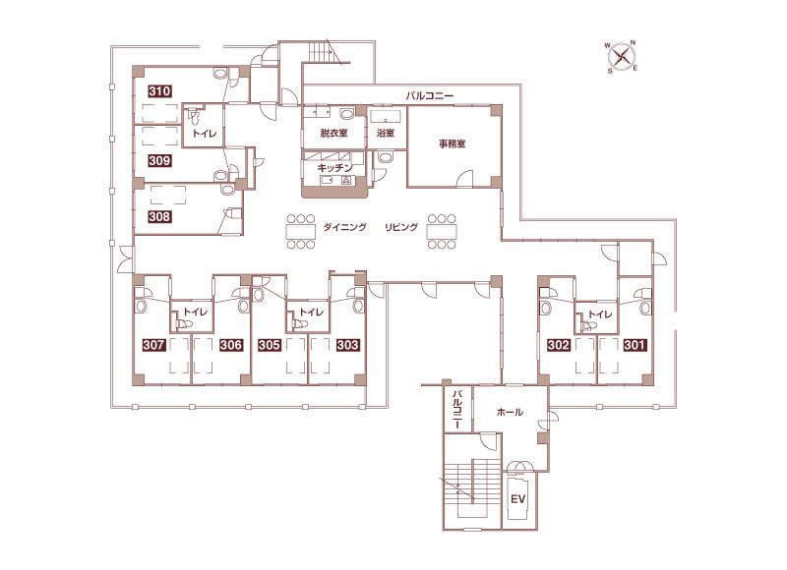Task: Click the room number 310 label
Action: [159, 91]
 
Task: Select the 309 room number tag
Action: [159, 160]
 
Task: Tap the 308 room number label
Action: [159, 216]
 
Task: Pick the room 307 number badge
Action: [153, 345]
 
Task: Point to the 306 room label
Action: [231, 345]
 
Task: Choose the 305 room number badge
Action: [270, 345]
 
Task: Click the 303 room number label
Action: [347, 345]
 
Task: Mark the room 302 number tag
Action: [559, 345]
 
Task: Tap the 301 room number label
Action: [635, 345]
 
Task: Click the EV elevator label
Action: [518, 499]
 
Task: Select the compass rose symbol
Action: [622, 56]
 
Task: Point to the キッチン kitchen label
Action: [334, 168]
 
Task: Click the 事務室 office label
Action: [453, 143]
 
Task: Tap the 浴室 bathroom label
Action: [386, 133]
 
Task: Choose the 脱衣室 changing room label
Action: [333, 133]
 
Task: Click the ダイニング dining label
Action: [345, 227]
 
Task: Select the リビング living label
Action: [401, 227]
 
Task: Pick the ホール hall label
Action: [510, 412]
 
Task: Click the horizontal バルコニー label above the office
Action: [430, 95]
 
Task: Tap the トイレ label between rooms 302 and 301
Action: [600, 314]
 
